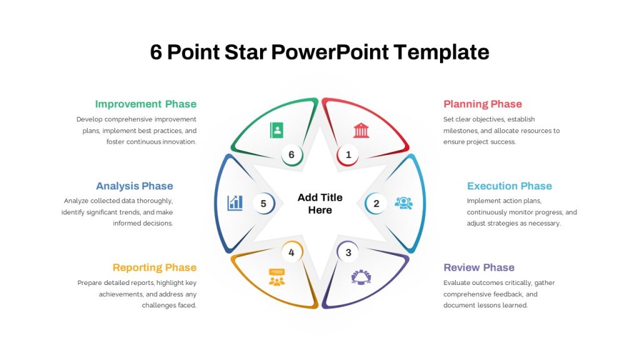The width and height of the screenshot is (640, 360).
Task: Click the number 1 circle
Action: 347,155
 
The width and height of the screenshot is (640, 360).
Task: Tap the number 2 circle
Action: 376,203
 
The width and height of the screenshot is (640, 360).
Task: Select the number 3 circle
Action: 347,252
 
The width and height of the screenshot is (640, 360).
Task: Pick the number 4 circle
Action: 292,252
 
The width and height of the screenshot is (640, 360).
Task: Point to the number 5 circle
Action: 264,203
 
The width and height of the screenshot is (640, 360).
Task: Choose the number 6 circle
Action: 292,155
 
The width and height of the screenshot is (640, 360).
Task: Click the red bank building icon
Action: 361,130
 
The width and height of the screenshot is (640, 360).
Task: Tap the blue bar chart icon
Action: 235,203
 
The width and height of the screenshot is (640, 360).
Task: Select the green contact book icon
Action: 277,130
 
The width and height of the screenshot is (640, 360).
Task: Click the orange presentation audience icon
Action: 277,277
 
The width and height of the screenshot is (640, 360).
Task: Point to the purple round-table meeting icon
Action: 361,277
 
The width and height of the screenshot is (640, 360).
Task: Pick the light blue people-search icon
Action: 404,203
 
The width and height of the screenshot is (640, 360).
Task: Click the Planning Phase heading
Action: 483,104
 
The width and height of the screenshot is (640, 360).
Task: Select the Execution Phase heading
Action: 509,186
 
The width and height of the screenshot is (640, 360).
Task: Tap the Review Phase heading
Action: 479,267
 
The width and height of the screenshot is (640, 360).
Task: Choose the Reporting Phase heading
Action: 155,267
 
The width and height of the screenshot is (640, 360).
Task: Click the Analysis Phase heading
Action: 135,186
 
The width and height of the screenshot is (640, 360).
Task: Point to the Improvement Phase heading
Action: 146,104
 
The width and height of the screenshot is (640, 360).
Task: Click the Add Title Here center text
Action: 320,204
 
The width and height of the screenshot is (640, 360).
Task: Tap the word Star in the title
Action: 245,52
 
